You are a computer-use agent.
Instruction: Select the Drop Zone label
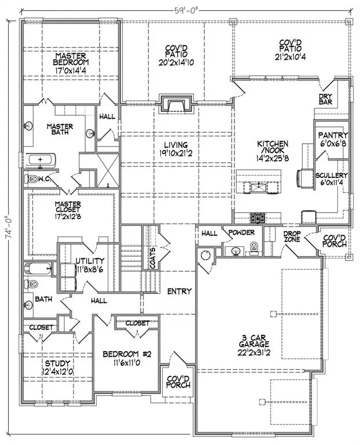pos(291,236)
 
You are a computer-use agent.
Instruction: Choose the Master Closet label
pos(67,207)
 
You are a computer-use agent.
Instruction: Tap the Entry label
pos(178,291)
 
